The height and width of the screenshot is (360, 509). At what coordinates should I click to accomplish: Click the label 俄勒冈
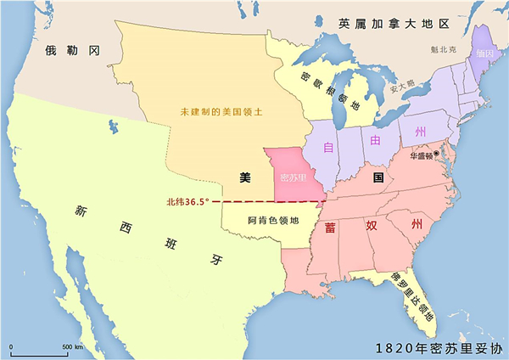[73, 51]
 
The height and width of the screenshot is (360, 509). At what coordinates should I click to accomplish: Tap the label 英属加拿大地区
[393, 22]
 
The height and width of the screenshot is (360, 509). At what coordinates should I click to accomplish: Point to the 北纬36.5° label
[187, 202]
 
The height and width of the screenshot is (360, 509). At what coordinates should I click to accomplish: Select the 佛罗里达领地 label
[413, 295]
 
